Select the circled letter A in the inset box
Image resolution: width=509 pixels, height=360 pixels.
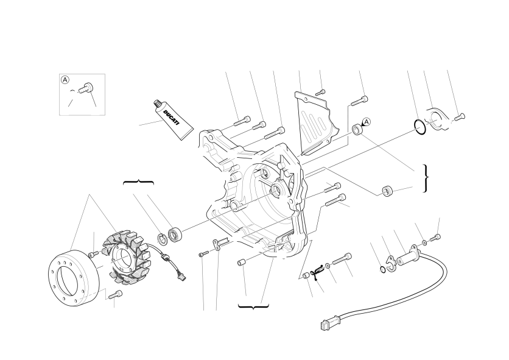click(x=65, y=80)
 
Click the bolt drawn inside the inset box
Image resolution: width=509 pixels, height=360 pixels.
click(x=85, y=87)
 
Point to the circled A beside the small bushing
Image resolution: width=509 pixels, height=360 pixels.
click(x=366, y=122)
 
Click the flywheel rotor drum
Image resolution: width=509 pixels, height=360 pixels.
click(x=73, y=277)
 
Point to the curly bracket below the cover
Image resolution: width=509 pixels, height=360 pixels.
click(x=253, y=306)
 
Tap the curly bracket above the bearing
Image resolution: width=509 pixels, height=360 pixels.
click(x=139, y=182)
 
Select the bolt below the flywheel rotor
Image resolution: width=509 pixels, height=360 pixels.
click(x=115, y=294)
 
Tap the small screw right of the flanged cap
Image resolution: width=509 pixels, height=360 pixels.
click(x=460, y=117)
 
